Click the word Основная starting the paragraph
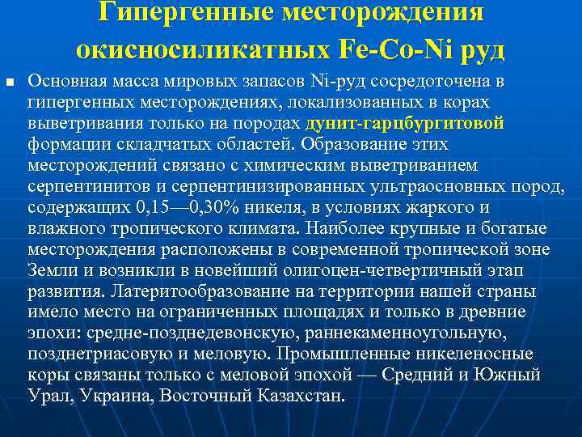point(65,82)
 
